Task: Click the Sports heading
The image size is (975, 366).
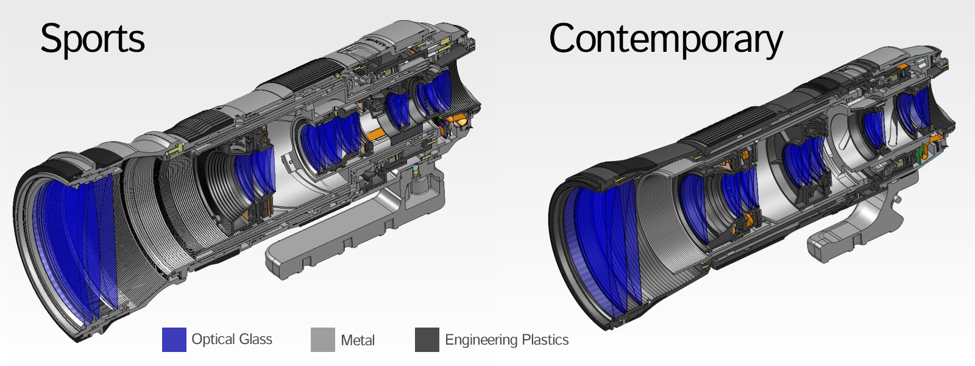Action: (92, 39)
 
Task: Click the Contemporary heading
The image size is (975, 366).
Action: (666, 39)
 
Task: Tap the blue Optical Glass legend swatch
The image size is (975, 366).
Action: (174, 339)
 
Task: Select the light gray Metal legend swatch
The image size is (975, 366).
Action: (322, 339)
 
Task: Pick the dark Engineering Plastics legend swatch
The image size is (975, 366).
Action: (427, 339)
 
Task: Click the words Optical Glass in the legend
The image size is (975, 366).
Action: (232, 339)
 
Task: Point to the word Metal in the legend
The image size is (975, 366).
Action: (357, 340)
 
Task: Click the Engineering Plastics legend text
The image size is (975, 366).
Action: (506, 340)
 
